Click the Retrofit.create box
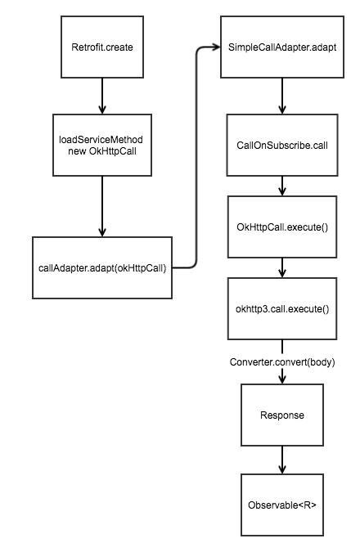102,47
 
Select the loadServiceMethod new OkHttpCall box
102,145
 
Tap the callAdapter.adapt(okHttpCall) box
102,268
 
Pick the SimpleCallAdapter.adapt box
282,47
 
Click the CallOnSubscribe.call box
282,145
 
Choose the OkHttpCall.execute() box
282,227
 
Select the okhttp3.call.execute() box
282,309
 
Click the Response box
282,415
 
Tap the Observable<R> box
282,505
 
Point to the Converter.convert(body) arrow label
282,362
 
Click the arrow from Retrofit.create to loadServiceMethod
102,96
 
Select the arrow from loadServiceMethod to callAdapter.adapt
102,206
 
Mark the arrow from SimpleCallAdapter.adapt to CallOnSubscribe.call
282,96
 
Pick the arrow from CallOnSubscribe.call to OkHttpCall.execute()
282,186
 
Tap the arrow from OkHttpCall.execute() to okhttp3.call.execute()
282,267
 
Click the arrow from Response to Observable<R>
282,460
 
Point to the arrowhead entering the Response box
282,379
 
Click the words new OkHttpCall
102,151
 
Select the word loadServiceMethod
101,140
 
